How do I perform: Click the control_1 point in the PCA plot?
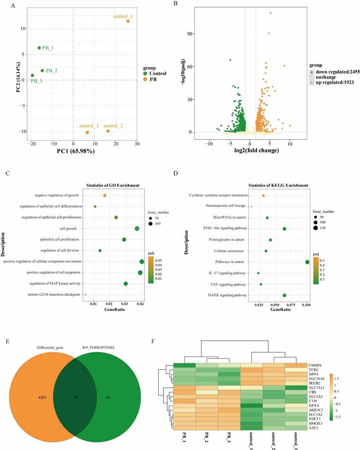pyautogui.click(x=128, y=21)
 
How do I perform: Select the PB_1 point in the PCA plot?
pyautogui.click(x=39, y=47)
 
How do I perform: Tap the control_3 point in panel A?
pyautogui.click(x=87, y=132)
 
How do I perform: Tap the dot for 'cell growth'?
pyautogui.click(x=137, y=229)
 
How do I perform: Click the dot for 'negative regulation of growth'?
pyautogui.click(x=105, y=195)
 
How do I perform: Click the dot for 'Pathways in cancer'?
pyautogui.click(x=307, y=262)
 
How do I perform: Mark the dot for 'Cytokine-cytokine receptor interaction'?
pyautogui.click(x=263, y=196)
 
